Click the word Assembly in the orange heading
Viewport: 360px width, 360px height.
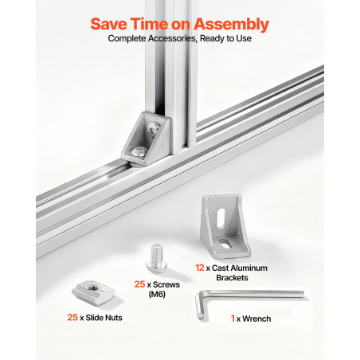[231, 25]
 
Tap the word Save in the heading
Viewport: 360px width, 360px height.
[108, 24]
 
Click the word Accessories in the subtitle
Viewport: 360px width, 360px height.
[173, 38]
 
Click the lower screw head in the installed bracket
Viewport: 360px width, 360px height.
[139, 151]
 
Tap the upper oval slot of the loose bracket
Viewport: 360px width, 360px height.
[221, 217]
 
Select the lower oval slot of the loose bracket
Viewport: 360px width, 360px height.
[225, 243]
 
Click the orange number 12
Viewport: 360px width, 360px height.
[199, 268]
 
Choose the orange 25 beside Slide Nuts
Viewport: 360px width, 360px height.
[72, 317]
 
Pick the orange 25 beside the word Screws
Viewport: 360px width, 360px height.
[139, 284]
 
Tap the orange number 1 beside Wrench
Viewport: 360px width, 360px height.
[233, 319]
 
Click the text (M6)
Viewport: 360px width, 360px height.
[157, 294]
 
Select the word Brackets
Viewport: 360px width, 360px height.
[232, 278]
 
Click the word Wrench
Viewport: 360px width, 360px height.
[256, 319]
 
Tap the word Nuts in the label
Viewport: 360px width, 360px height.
[113, 318]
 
